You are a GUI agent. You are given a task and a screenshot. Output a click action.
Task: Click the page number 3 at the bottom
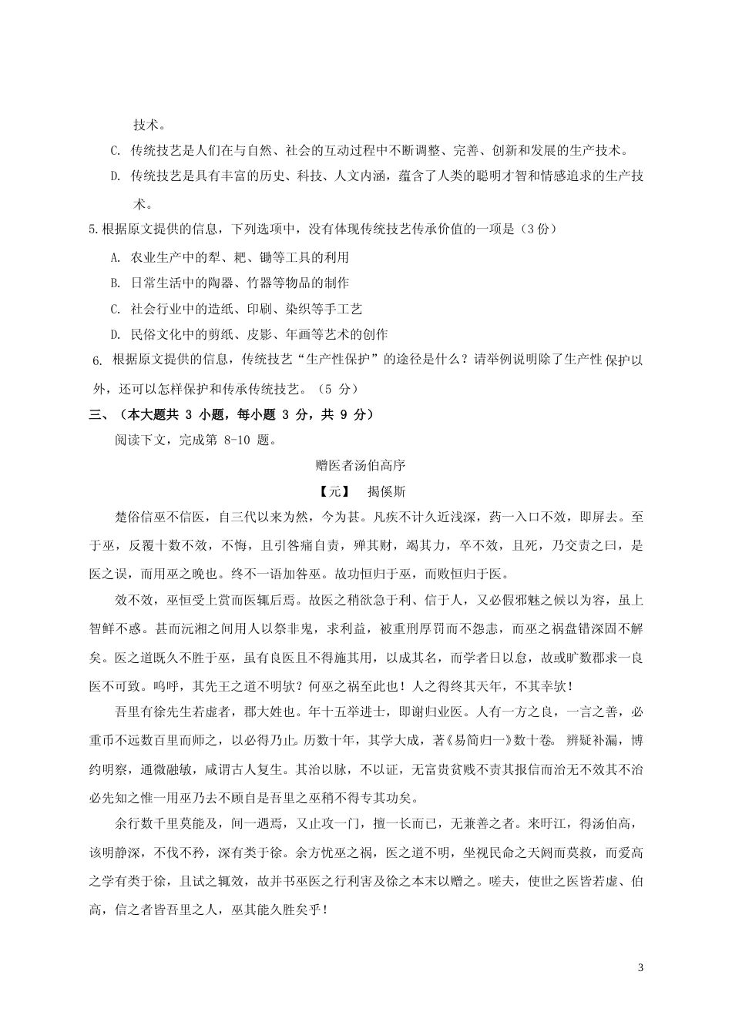coord(640,967)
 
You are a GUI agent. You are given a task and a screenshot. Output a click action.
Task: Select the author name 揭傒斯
coord(387,491)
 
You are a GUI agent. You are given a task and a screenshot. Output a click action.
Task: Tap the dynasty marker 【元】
coord(334,491)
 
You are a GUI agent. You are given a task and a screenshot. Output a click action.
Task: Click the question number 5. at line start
coord(95,229)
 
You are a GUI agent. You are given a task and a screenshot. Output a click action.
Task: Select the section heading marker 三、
coord(99,414)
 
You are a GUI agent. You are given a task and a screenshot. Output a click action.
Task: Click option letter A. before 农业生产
coord(116,257)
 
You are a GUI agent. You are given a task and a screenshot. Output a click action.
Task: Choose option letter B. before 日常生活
coord(116,283)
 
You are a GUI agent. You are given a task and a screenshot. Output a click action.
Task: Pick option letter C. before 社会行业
coord(116,309)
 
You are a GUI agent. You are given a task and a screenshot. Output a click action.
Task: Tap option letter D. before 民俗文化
coord(116,334)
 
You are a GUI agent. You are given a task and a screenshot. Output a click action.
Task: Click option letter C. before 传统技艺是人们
coord(116,150)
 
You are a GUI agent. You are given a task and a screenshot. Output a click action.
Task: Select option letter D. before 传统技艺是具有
coord(116,176)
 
